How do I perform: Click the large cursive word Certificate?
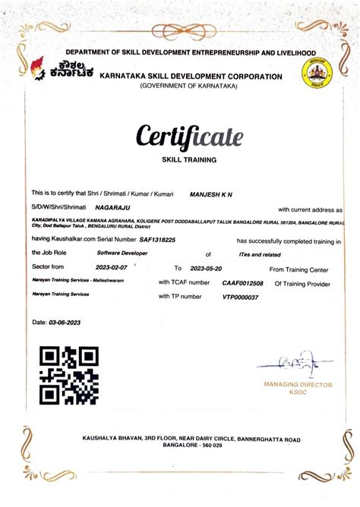click(189, 137)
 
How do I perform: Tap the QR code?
click(69, 375)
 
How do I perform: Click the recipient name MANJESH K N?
click(210, 195)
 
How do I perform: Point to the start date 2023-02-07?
click(113, 267)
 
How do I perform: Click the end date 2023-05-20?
click(210, 268)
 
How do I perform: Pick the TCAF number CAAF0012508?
click(242, 282)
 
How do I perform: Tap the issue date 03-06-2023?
click(65, 323)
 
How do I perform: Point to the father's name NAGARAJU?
click(112, 206)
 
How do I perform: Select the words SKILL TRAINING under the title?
click(189, 160)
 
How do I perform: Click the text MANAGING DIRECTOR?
click(298, 385)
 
